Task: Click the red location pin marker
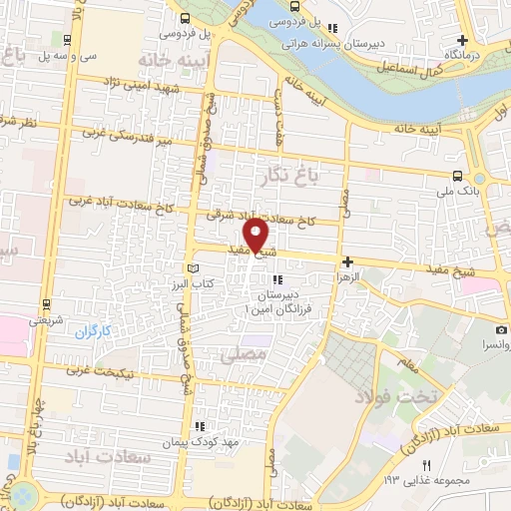(256, 236)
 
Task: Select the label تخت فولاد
(404, 397)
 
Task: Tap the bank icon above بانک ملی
(457, 175)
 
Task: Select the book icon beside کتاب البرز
(193, 269)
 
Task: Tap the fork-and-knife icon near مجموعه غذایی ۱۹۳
(427, 465)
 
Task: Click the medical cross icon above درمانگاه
(461, 38)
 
